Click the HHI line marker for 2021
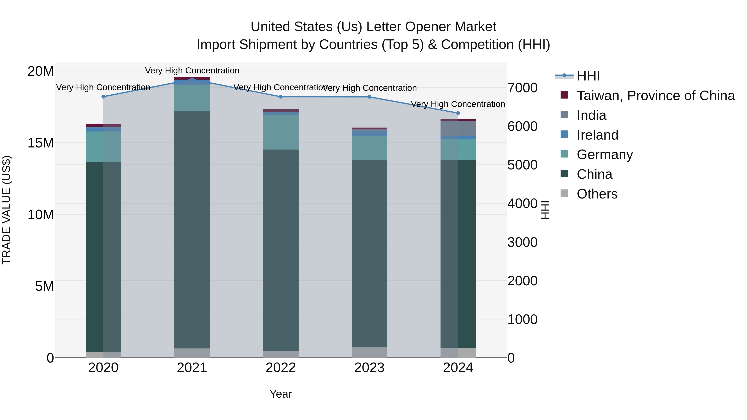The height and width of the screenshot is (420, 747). click(x=192, y=79)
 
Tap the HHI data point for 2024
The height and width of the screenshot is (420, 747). click(x=458, y=113)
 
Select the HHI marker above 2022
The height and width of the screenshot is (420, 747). click(x=281, y=97)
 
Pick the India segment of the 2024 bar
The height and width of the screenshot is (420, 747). click(x=458, y=128)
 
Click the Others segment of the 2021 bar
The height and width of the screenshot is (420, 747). click(x=192, y=353)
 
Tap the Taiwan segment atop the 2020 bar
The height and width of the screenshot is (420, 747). click(x=103, y=125)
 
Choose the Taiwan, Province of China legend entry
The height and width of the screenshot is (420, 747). click(x=655, y=96)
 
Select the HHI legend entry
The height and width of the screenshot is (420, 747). click(x=588, y=76)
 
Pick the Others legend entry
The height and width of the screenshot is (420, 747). click(x=597, y=194)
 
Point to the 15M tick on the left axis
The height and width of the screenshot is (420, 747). click(x=41, y=143)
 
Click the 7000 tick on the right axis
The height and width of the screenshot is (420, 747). click(x=522, y=88)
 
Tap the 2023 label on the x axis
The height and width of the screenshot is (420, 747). click(x=369, y=368)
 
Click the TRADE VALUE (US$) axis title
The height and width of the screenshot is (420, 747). click(x=6, y=210)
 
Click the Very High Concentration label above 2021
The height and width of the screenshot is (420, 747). click(x=192, y=71)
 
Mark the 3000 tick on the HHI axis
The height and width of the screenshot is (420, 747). click(x=522, y=242)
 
